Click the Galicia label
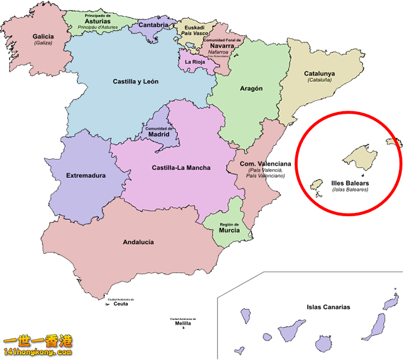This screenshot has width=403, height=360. [43, 36]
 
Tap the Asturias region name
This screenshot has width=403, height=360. [97, 21]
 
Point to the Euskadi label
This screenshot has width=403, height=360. [194, 27]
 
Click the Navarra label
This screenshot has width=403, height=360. [222, 45]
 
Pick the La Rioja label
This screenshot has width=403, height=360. [195, 61]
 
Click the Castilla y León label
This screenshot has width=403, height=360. [136, 81]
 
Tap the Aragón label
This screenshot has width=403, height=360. [251, 88]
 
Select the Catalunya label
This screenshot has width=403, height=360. [319, 74]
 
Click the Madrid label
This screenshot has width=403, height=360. [159, 134]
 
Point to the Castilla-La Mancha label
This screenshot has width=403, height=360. [181, 168]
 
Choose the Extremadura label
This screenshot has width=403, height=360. [85, 175]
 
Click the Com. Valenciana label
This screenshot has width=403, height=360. [265, 163]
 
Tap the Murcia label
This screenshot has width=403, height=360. [229, 230]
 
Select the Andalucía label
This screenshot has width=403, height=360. [138, 242]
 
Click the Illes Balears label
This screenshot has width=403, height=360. [350, 183]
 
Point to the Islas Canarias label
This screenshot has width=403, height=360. [328, 307]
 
